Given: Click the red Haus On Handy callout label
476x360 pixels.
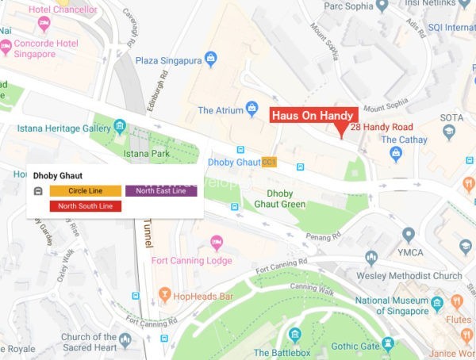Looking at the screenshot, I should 313,115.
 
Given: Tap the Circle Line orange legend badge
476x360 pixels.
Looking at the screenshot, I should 85,191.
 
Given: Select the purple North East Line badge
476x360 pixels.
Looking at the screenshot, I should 160,191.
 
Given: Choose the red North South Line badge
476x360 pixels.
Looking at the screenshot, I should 85,206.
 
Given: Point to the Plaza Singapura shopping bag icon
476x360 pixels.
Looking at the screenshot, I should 211,59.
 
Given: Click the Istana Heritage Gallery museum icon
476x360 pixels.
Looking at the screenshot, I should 120,126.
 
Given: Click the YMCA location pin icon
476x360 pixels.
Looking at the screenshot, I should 409,236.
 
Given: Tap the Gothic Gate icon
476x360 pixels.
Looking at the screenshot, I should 387,343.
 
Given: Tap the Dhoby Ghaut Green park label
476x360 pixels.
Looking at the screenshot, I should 285,198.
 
